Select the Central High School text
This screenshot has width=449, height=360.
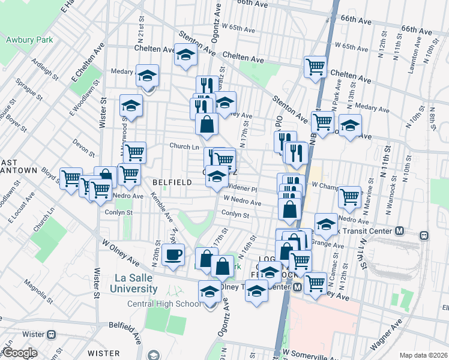coord(164,304)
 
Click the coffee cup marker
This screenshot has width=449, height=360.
coord(173,254)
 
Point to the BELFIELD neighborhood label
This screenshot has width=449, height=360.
coord(172,182)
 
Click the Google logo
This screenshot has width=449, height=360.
coord(19,353)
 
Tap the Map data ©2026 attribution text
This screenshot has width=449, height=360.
coord(423,355)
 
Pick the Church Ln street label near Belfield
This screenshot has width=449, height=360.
coord(184,146)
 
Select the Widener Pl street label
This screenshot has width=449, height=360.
coord(242,188)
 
